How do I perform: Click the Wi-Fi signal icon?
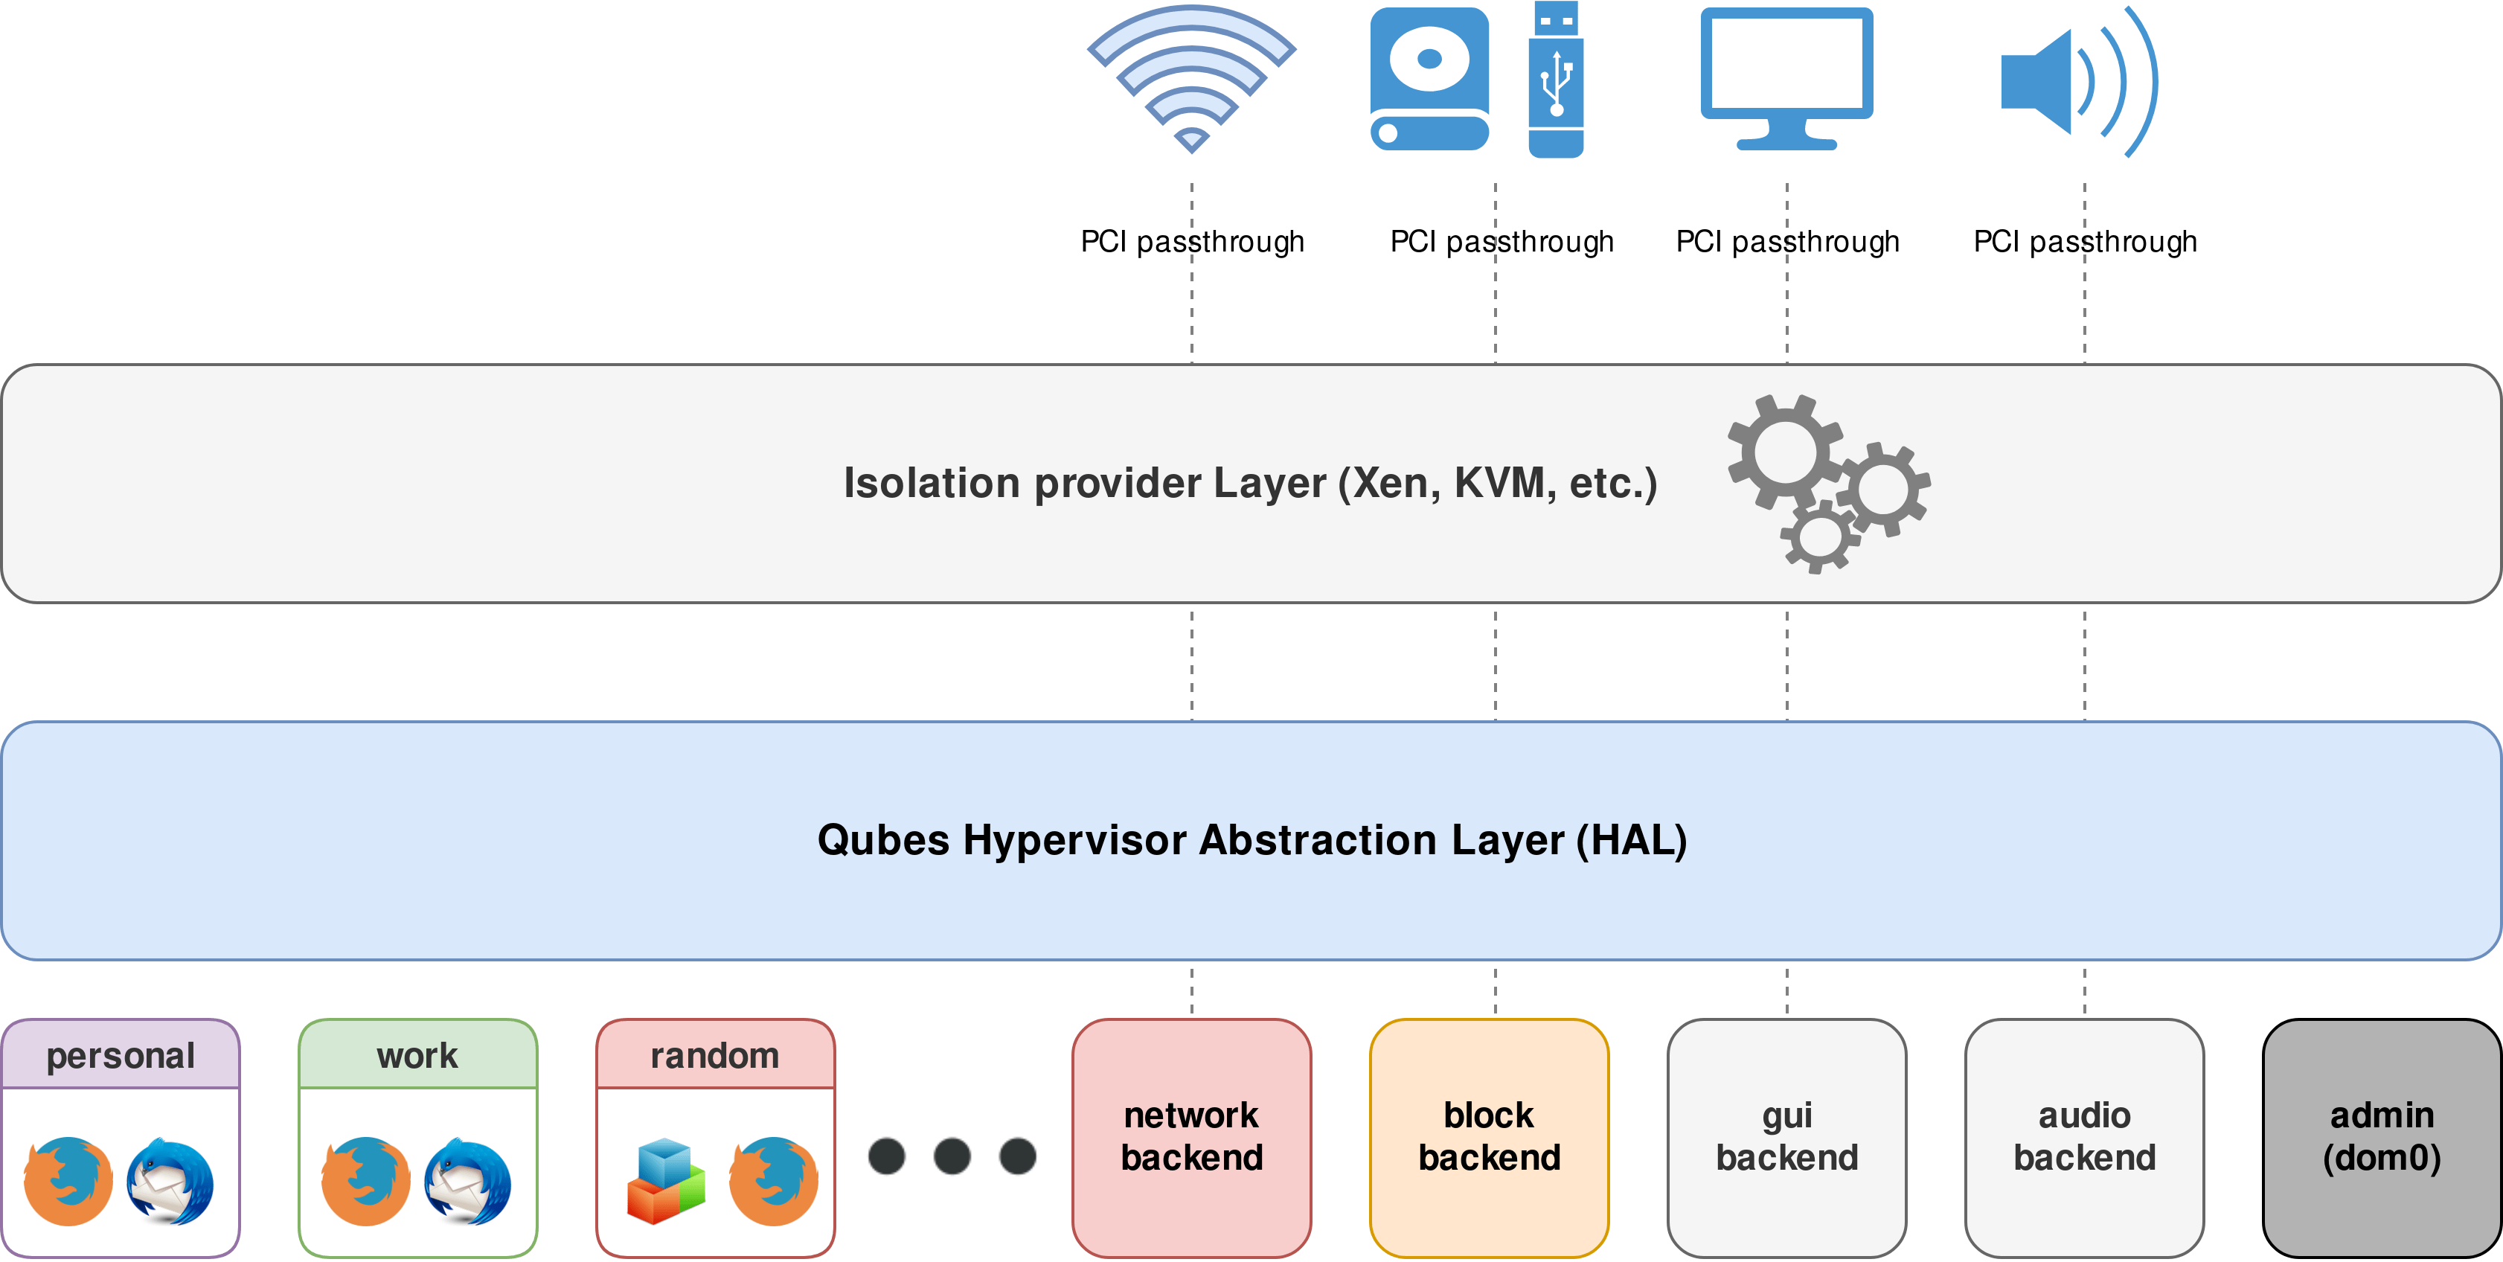click(x=1191, y=77)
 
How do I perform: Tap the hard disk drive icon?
click(x=1429, y=80)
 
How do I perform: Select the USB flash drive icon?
click(x=1556, y=80)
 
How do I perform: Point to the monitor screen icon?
click(x=1786, y=77)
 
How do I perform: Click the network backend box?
click(x=1191, y=1137)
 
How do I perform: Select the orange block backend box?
click(x=1489, y=1137)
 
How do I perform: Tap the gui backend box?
click(x=1786, y=1137)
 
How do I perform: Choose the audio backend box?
click(x=2084, y=1137)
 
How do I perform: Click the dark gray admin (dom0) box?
click(x=2382, y=1137)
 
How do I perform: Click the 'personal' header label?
click(x=121, y=1055)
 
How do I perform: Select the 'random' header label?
click(x=715, y=1055)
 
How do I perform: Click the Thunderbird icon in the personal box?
click(x=171, y=1182)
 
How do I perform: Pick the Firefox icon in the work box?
click(x=365, y=1182)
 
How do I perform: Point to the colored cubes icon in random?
click(x=666, y=1182)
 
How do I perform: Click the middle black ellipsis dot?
click(x=952, y=1156)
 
